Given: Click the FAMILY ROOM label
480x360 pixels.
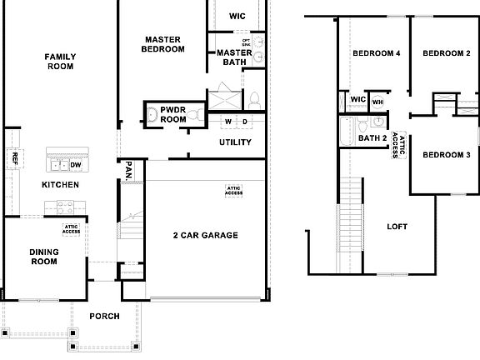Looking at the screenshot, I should pyautogui.click(x=60, y=62).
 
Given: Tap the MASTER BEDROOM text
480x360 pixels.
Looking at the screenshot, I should pyautogui.click(x=164, y=44).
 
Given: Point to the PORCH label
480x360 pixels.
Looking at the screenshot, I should pyautogui.click(x=105, y=317).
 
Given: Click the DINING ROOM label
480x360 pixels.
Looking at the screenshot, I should pyautogui.click(x=43, y=257).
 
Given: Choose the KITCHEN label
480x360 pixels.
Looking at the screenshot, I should pyautogui.click(x=60, y=185).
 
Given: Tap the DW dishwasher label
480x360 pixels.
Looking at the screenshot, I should pyautogui.click(x=75, y=165).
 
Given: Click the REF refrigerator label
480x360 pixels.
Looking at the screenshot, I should pyautogui.click(x=14, y=158).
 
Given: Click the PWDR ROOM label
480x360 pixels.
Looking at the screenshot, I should pyautogui.click(x=173, y=115).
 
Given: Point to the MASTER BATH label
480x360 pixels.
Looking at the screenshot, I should pyautogui.click(x=230, y=57).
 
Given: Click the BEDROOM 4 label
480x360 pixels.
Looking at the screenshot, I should pyautogui.click(x=377, y=53).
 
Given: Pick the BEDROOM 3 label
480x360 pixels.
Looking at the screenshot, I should pyautogui.click(x=446, y=155).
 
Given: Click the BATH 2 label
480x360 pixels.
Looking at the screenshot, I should pyautogui.click(x=372, y=138).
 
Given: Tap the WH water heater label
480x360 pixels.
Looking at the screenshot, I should pyautogui.click(x=377, y=102).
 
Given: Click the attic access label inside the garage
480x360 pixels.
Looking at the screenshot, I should pyautogui.click(x=234, y=191).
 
